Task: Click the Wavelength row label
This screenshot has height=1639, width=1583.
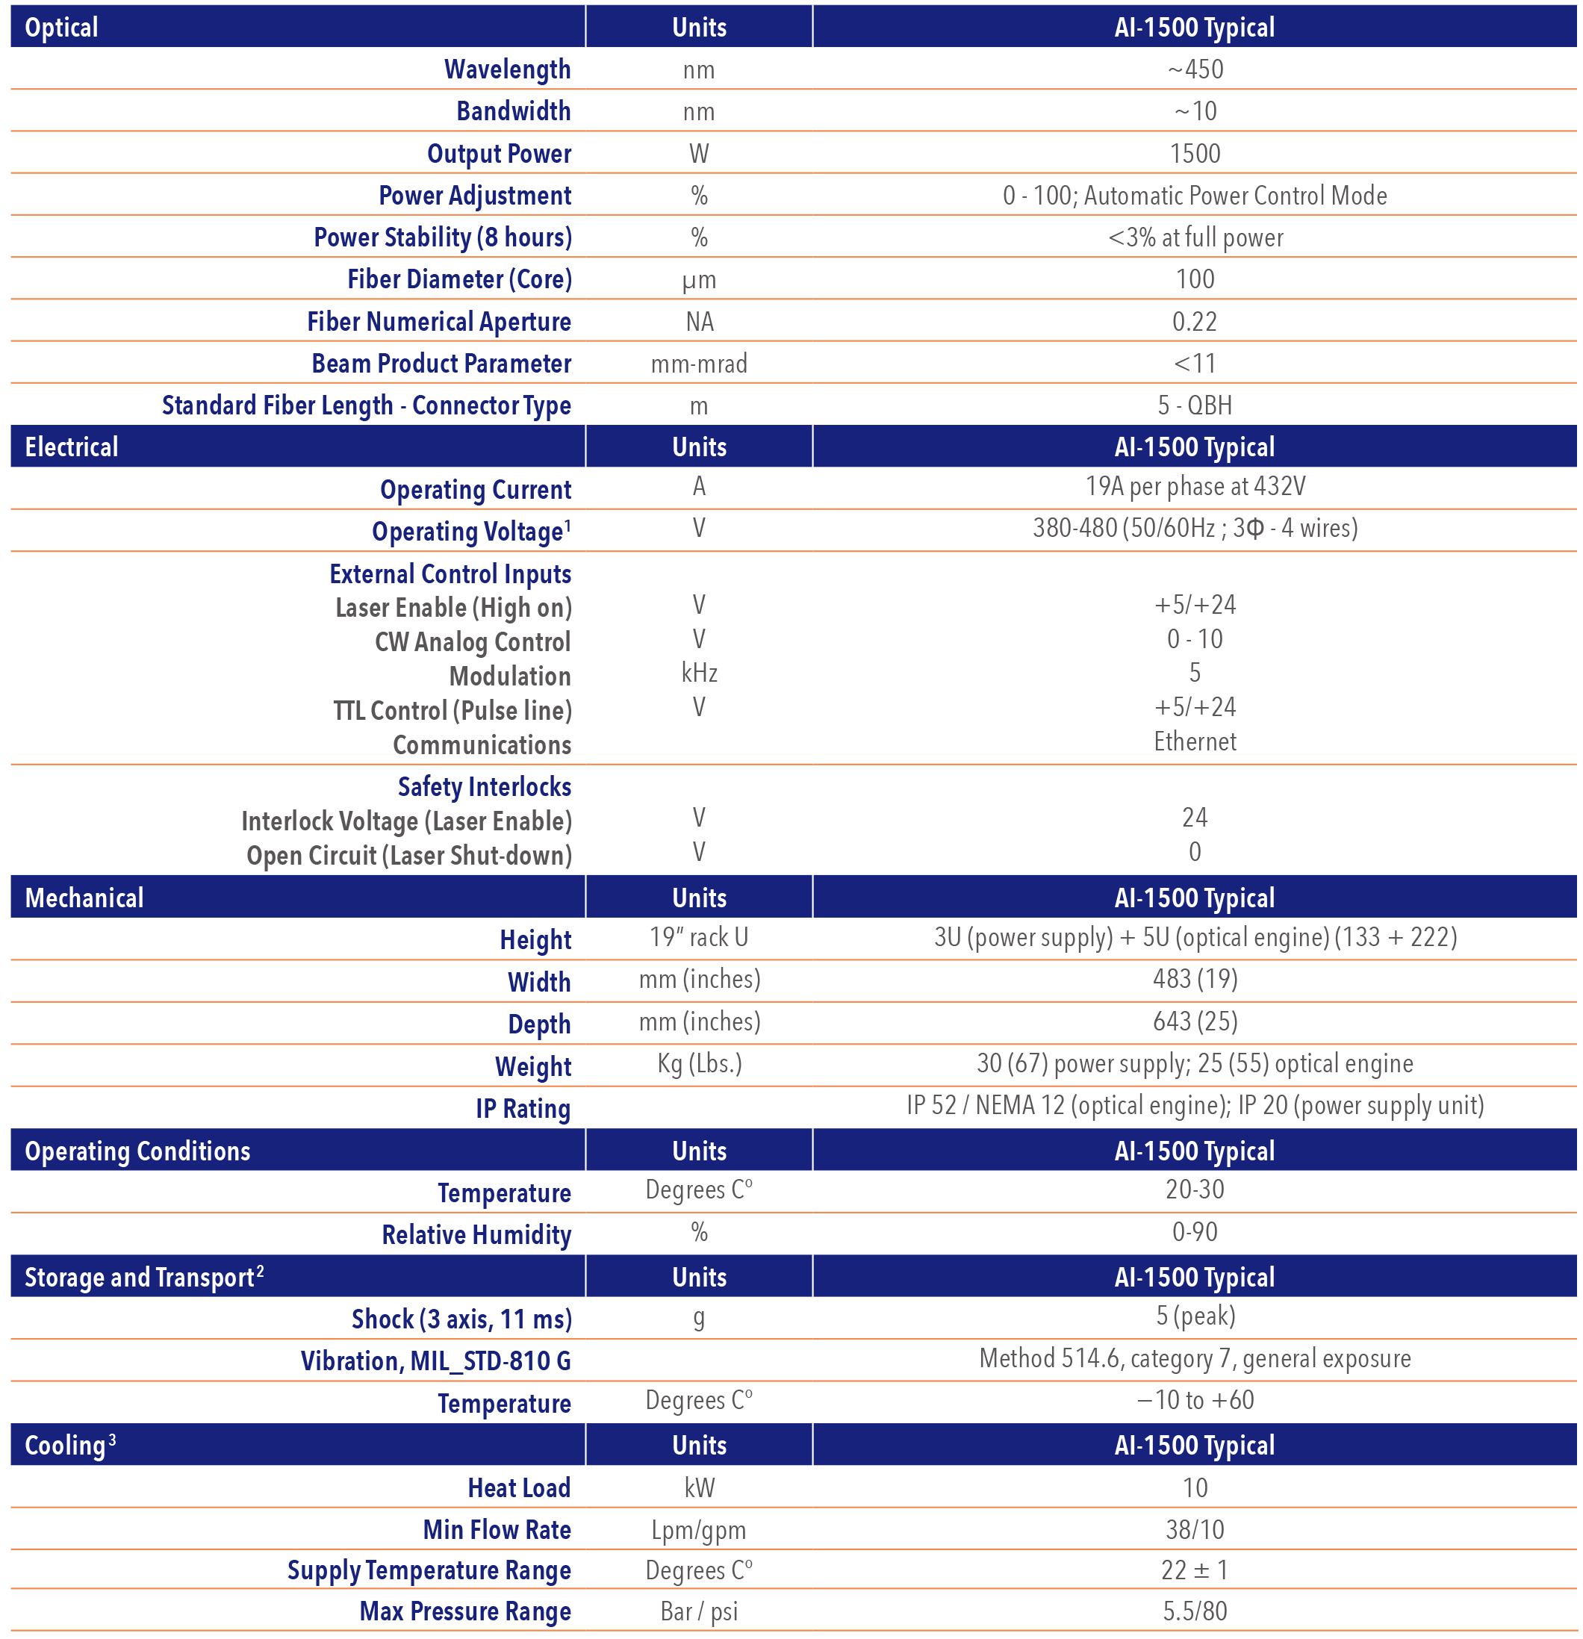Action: click(507, 69)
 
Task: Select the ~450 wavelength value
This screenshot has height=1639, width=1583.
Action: click(1194, 69)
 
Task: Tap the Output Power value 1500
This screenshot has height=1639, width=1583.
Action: click(1194, 154)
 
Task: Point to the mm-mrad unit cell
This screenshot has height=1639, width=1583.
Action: click(699, 364)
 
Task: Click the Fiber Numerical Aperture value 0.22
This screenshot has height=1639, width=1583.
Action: click(1194, 322)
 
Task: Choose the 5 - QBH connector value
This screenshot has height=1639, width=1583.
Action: click(1194, 405)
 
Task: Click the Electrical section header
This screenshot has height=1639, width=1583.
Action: click(72, 447)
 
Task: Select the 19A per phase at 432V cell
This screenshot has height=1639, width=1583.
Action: click(1194, 487)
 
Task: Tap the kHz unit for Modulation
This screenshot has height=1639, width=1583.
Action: click(699, 674)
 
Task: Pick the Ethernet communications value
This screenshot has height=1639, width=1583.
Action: click(1194, 741)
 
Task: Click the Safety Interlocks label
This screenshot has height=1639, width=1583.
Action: click(484, 787)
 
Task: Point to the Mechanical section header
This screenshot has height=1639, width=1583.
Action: click(84, 898)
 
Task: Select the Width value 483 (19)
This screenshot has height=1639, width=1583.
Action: click(1194, 979)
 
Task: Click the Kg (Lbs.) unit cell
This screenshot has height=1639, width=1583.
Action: click(699, 1064)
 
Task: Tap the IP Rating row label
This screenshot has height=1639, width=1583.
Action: click(523, 1109)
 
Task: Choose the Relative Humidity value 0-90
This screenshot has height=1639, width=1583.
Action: click(1194, 1233)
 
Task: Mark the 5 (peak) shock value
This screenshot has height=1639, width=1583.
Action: click(1194, 1317)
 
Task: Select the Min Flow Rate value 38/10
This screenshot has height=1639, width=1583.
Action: click(1194, 1530)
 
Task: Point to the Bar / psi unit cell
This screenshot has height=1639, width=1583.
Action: click(699, 1612)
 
